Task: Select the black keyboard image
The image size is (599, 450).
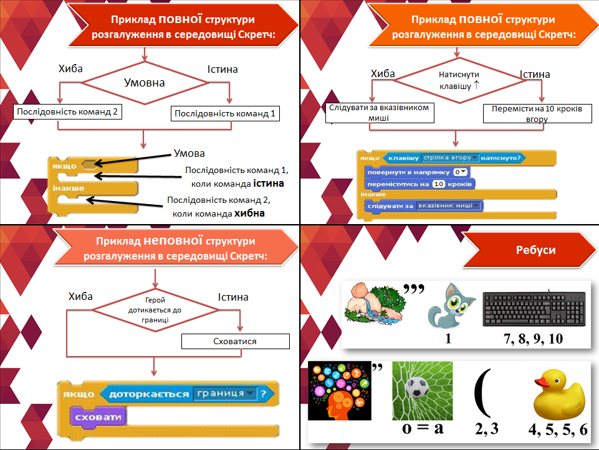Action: (x=534, y=309)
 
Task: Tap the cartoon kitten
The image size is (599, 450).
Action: (x=449, y=306)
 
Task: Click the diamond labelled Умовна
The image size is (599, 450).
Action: (x=144, y=82)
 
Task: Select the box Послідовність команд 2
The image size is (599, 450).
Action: (x=66, y=112)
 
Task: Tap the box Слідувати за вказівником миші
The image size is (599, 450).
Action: (x=379, y=112)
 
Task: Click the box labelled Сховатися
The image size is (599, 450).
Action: (x=236, y=342)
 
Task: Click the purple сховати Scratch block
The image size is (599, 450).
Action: (x=97, y=416)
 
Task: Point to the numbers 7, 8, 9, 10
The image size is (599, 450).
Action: (x=534, y=339)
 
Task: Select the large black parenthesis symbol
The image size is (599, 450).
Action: (x=484, y=393)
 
